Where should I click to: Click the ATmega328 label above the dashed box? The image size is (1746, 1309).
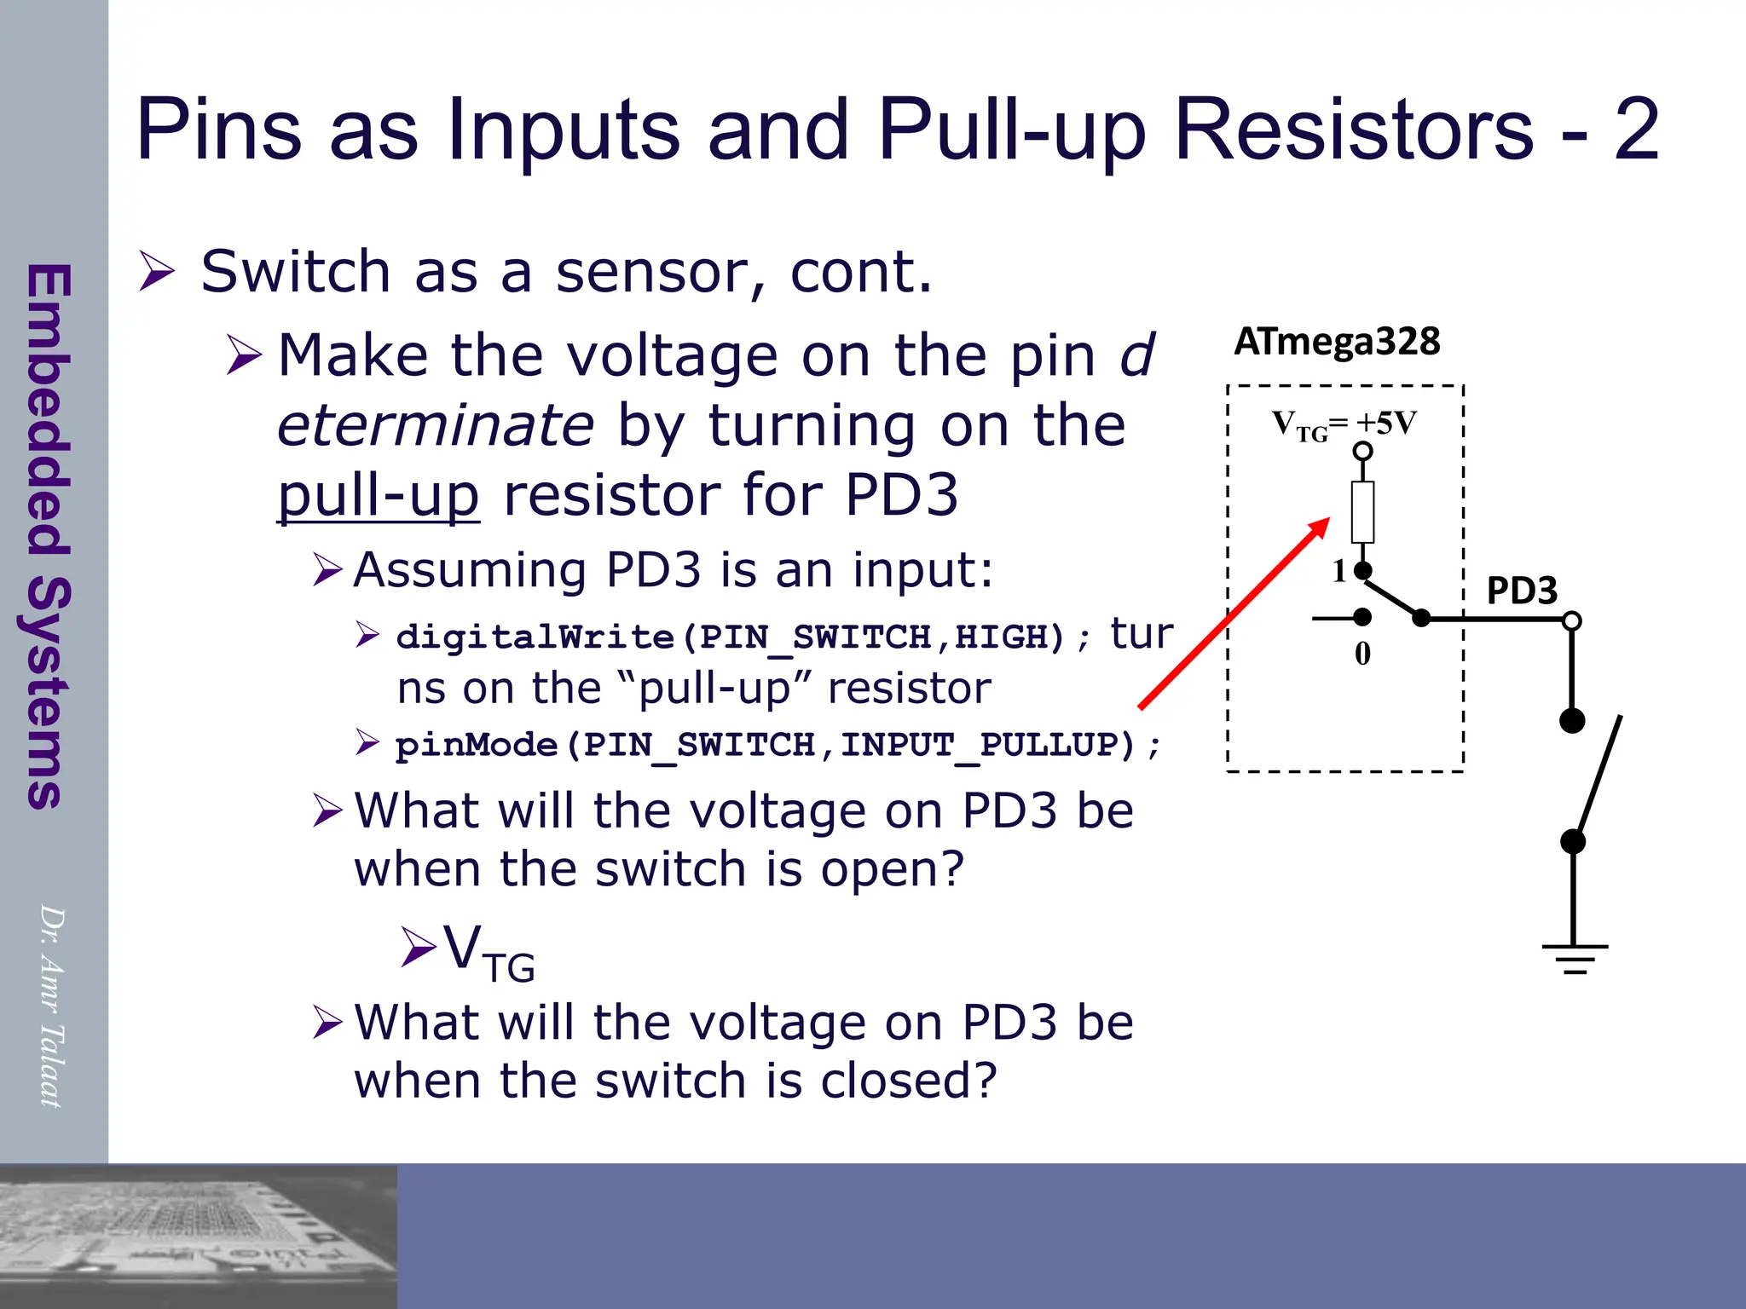point(1337,342)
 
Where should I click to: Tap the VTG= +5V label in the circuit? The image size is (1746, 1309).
point(1344,424)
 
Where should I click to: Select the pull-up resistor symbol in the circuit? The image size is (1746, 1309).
point(1363,512)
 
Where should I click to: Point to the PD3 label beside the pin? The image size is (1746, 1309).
point(1522,591)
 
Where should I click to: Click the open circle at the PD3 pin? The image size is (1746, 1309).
point(1572,620)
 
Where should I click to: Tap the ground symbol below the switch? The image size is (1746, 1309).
point(1575,959)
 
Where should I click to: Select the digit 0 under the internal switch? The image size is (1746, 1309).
point(1362,654)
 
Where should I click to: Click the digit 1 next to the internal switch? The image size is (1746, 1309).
point(1339,571)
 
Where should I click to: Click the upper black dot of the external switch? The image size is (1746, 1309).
point(1572,721)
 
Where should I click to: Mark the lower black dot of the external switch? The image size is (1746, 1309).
point(1573,842)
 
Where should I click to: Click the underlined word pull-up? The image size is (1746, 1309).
point(379,495)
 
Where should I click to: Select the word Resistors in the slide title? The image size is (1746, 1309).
point(1354,129)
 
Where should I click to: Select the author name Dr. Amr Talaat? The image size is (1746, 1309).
point(51,1006)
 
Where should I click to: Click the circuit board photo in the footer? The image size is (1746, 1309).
point(198,1236)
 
